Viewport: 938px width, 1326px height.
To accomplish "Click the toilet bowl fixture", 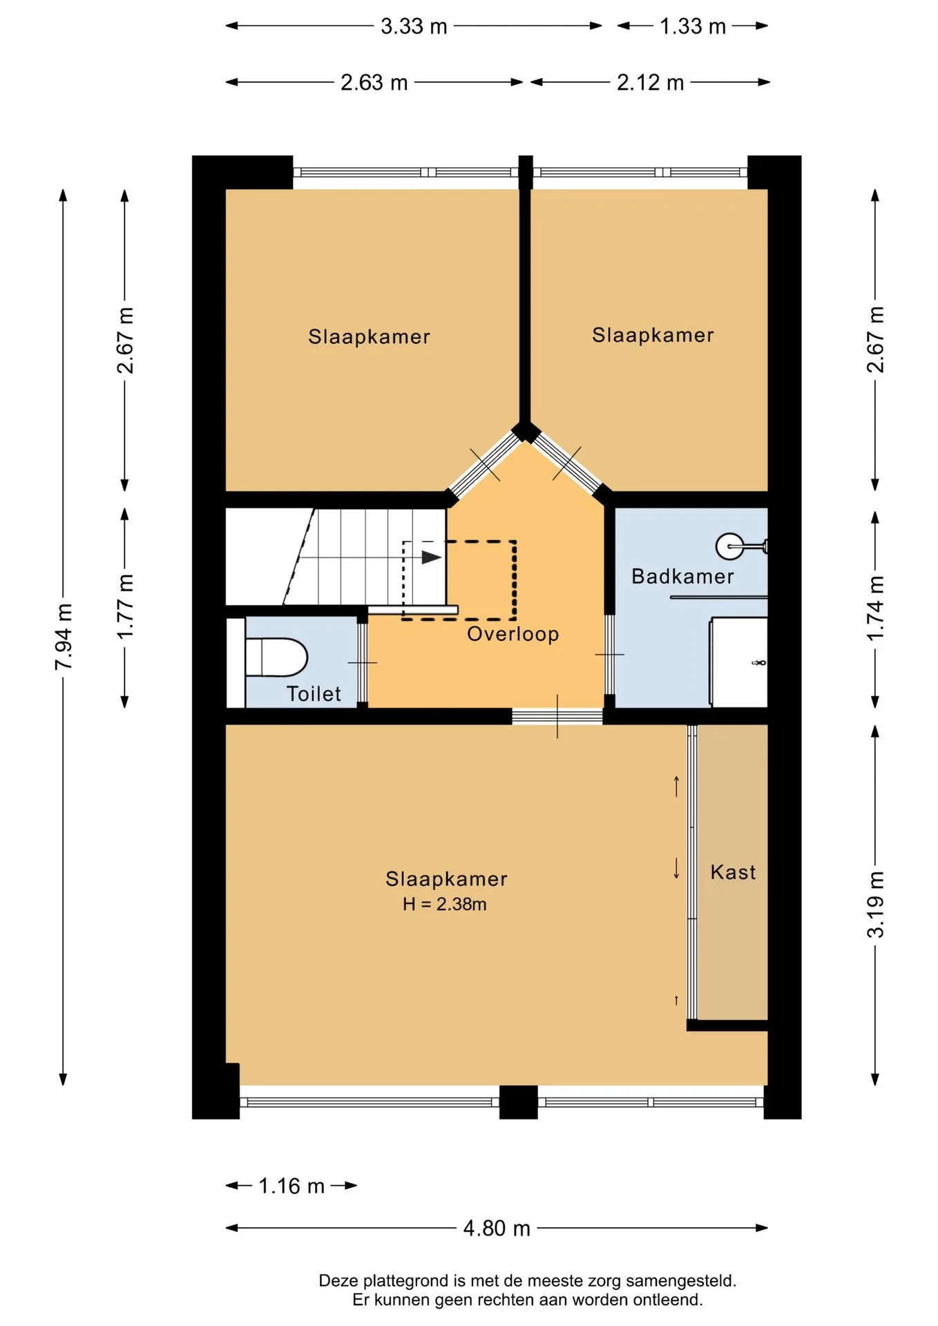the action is tap(276, 657).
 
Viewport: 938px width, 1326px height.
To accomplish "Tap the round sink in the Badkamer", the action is tap(729, 546).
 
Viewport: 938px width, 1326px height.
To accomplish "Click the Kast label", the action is tap(733, 872).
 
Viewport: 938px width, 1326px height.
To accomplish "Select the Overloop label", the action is tap(513, 634).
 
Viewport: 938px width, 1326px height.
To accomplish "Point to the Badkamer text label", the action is tap(682, 576).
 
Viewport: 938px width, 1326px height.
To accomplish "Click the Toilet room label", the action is tap(314, 693).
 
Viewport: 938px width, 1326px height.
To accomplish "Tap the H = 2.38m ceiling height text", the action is tap(445, 904).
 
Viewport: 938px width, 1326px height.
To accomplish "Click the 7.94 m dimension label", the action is tap(64, 636).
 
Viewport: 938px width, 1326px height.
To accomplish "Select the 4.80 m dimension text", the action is tap(497, 1228).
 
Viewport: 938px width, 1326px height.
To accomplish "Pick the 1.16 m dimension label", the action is tap(291, 1186).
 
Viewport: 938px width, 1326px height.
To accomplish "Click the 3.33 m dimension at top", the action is tap(414, 26).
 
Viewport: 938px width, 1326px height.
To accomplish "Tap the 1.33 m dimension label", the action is tap(692, 26).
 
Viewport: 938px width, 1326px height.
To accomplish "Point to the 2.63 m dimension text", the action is tap(374, 83).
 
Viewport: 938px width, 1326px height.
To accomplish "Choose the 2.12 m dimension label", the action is tap(650, 83).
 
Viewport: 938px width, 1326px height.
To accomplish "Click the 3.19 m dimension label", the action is tap(875, 905).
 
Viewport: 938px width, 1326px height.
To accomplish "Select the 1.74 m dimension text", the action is tap(875, 608).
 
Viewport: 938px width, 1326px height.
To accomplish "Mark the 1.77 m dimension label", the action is tap(125, 606).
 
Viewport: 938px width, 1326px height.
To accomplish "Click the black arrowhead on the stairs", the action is tap(432, 557).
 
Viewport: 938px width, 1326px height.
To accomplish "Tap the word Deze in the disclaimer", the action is tap(338, 1281).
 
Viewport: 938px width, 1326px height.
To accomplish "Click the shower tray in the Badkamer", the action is tap(739, 662).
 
